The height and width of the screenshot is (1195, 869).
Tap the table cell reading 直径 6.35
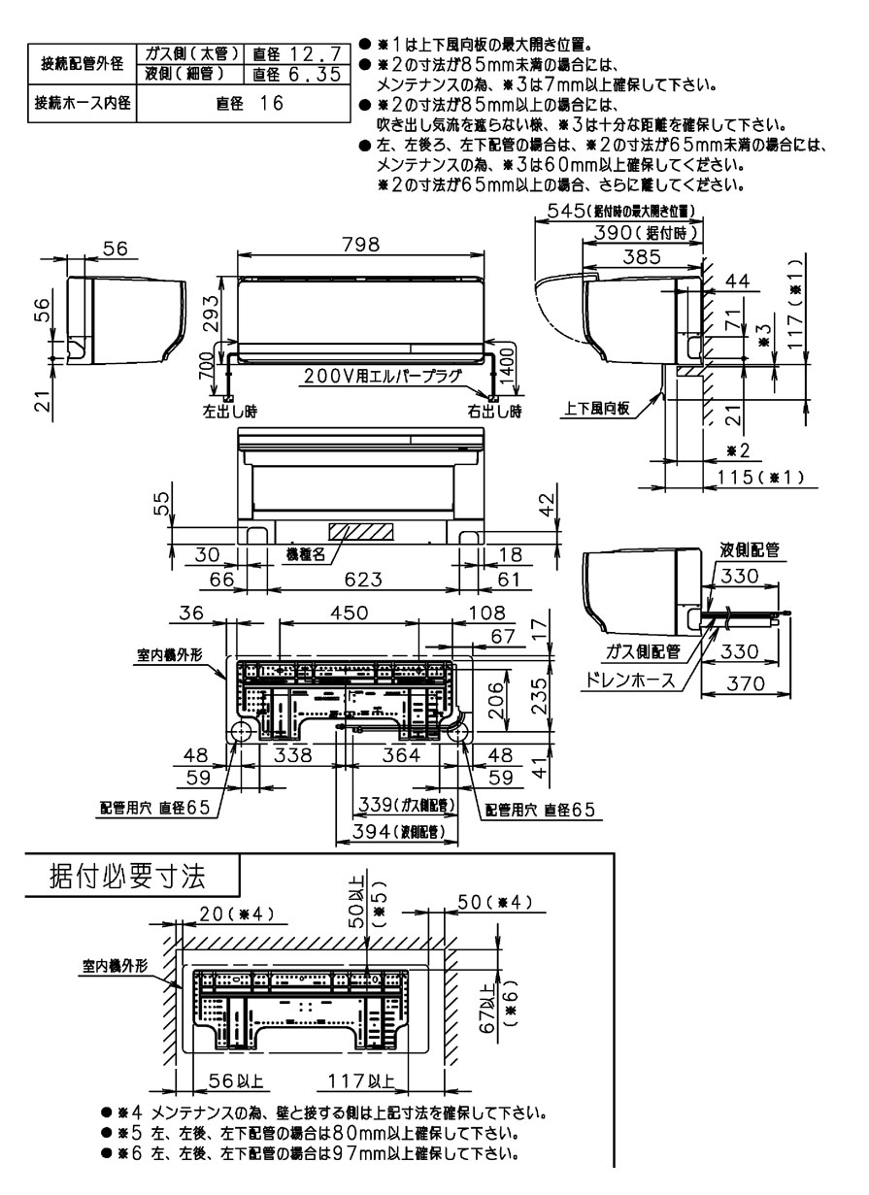pyautogui.click(x=295, y=73)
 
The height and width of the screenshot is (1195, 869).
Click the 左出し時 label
pyautogui.click(x=229, y=412)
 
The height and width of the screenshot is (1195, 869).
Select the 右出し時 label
pyautogui.click(x=497, y=412)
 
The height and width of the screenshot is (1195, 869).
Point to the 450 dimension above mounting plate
pyautogui.click(x=349, y=613)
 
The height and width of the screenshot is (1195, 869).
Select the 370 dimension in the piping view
pyautogui.click(x=747, y=685)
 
